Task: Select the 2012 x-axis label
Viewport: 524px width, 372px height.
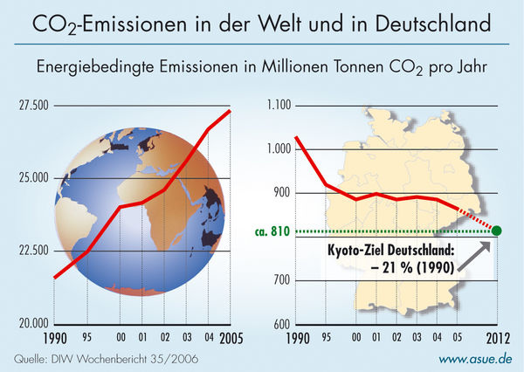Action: pyautogui.click(x=495, y=337)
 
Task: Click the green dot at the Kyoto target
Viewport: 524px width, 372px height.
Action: pyautogui.click(x=497, y=231)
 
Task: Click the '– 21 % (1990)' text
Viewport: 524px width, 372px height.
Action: pyautogui.click(x=411, y=267)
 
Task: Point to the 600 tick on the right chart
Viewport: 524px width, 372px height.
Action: pyautogui.click(x=279, y=324)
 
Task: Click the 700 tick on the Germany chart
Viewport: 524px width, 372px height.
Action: pyautogui.click(x=279, y=280)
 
